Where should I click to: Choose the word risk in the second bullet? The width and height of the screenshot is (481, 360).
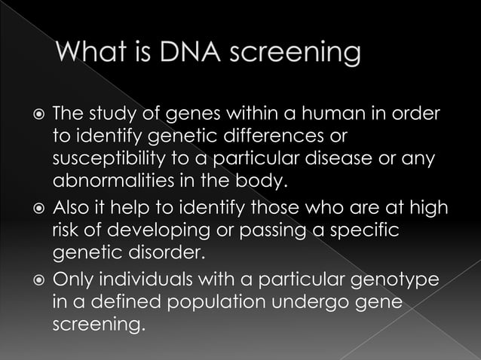click(x=66, y=231)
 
